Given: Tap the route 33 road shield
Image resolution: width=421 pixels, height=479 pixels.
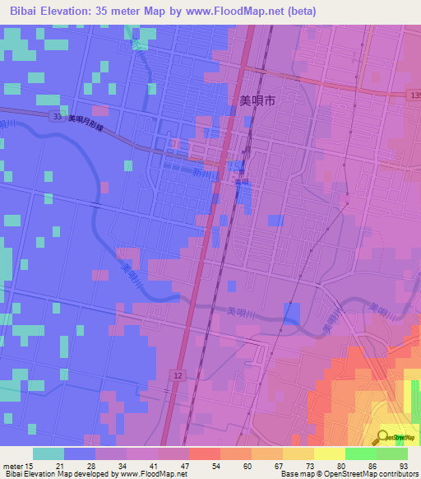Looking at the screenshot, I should pos(54,116).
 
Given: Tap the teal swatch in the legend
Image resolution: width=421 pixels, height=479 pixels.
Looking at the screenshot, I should pos(49,453).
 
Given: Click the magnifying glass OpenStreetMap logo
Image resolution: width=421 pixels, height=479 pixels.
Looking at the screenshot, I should pos(383,436).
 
